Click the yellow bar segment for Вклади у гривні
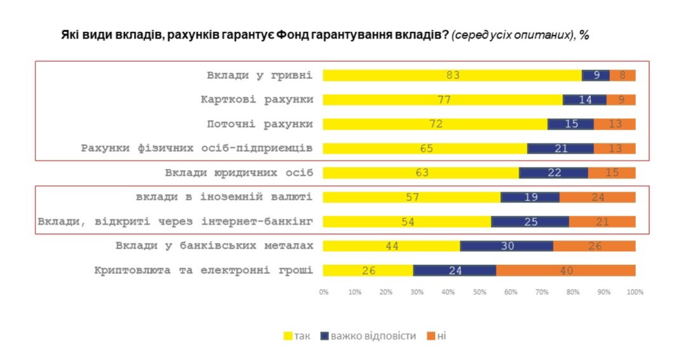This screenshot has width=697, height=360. (452, 76)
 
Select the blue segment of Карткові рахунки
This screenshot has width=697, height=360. (584, 100)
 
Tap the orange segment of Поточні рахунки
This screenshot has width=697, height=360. (614, 125)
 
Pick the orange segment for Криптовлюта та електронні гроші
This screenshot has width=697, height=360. (565, 271)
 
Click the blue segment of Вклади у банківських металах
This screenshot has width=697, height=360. (506, 246)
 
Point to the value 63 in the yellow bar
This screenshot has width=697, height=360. (422, 173)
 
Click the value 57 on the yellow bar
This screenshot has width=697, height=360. (412, 197)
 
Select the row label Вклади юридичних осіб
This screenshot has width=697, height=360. (238, 173)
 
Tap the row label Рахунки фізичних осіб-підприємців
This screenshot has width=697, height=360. (197, 148)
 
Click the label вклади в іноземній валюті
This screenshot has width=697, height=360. (220, 197)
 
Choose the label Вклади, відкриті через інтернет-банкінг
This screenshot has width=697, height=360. (175, 222)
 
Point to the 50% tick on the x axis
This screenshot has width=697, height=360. (479, 292)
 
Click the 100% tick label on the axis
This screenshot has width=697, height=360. (634, 292)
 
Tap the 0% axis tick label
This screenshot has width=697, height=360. (323, 292)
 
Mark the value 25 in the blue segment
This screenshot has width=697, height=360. (530, 222)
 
